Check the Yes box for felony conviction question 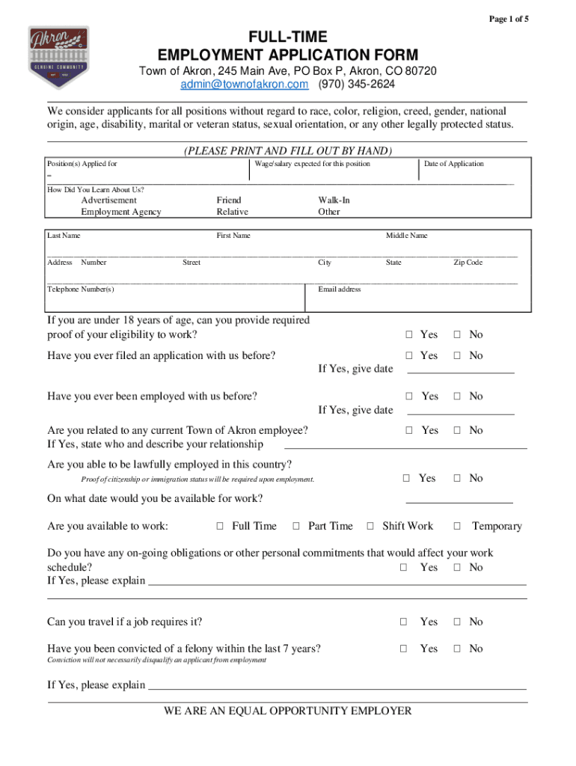[x=404, y=649]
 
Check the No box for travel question [x=457, y=622]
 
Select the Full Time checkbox [x=220, y=527]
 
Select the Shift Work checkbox [x=370, y=527]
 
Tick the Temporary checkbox [x=457, y=527]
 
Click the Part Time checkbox [x=296, y=527]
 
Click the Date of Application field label [x=453, y=164]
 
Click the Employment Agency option [x=121, y=212]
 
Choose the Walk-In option [x=334, y=200]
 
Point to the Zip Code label [x=468, y=263]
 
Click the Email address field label [x=340, y=289]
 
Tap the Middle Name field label [x=406, y=236]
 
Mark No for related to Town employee [x=457, y=430]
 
